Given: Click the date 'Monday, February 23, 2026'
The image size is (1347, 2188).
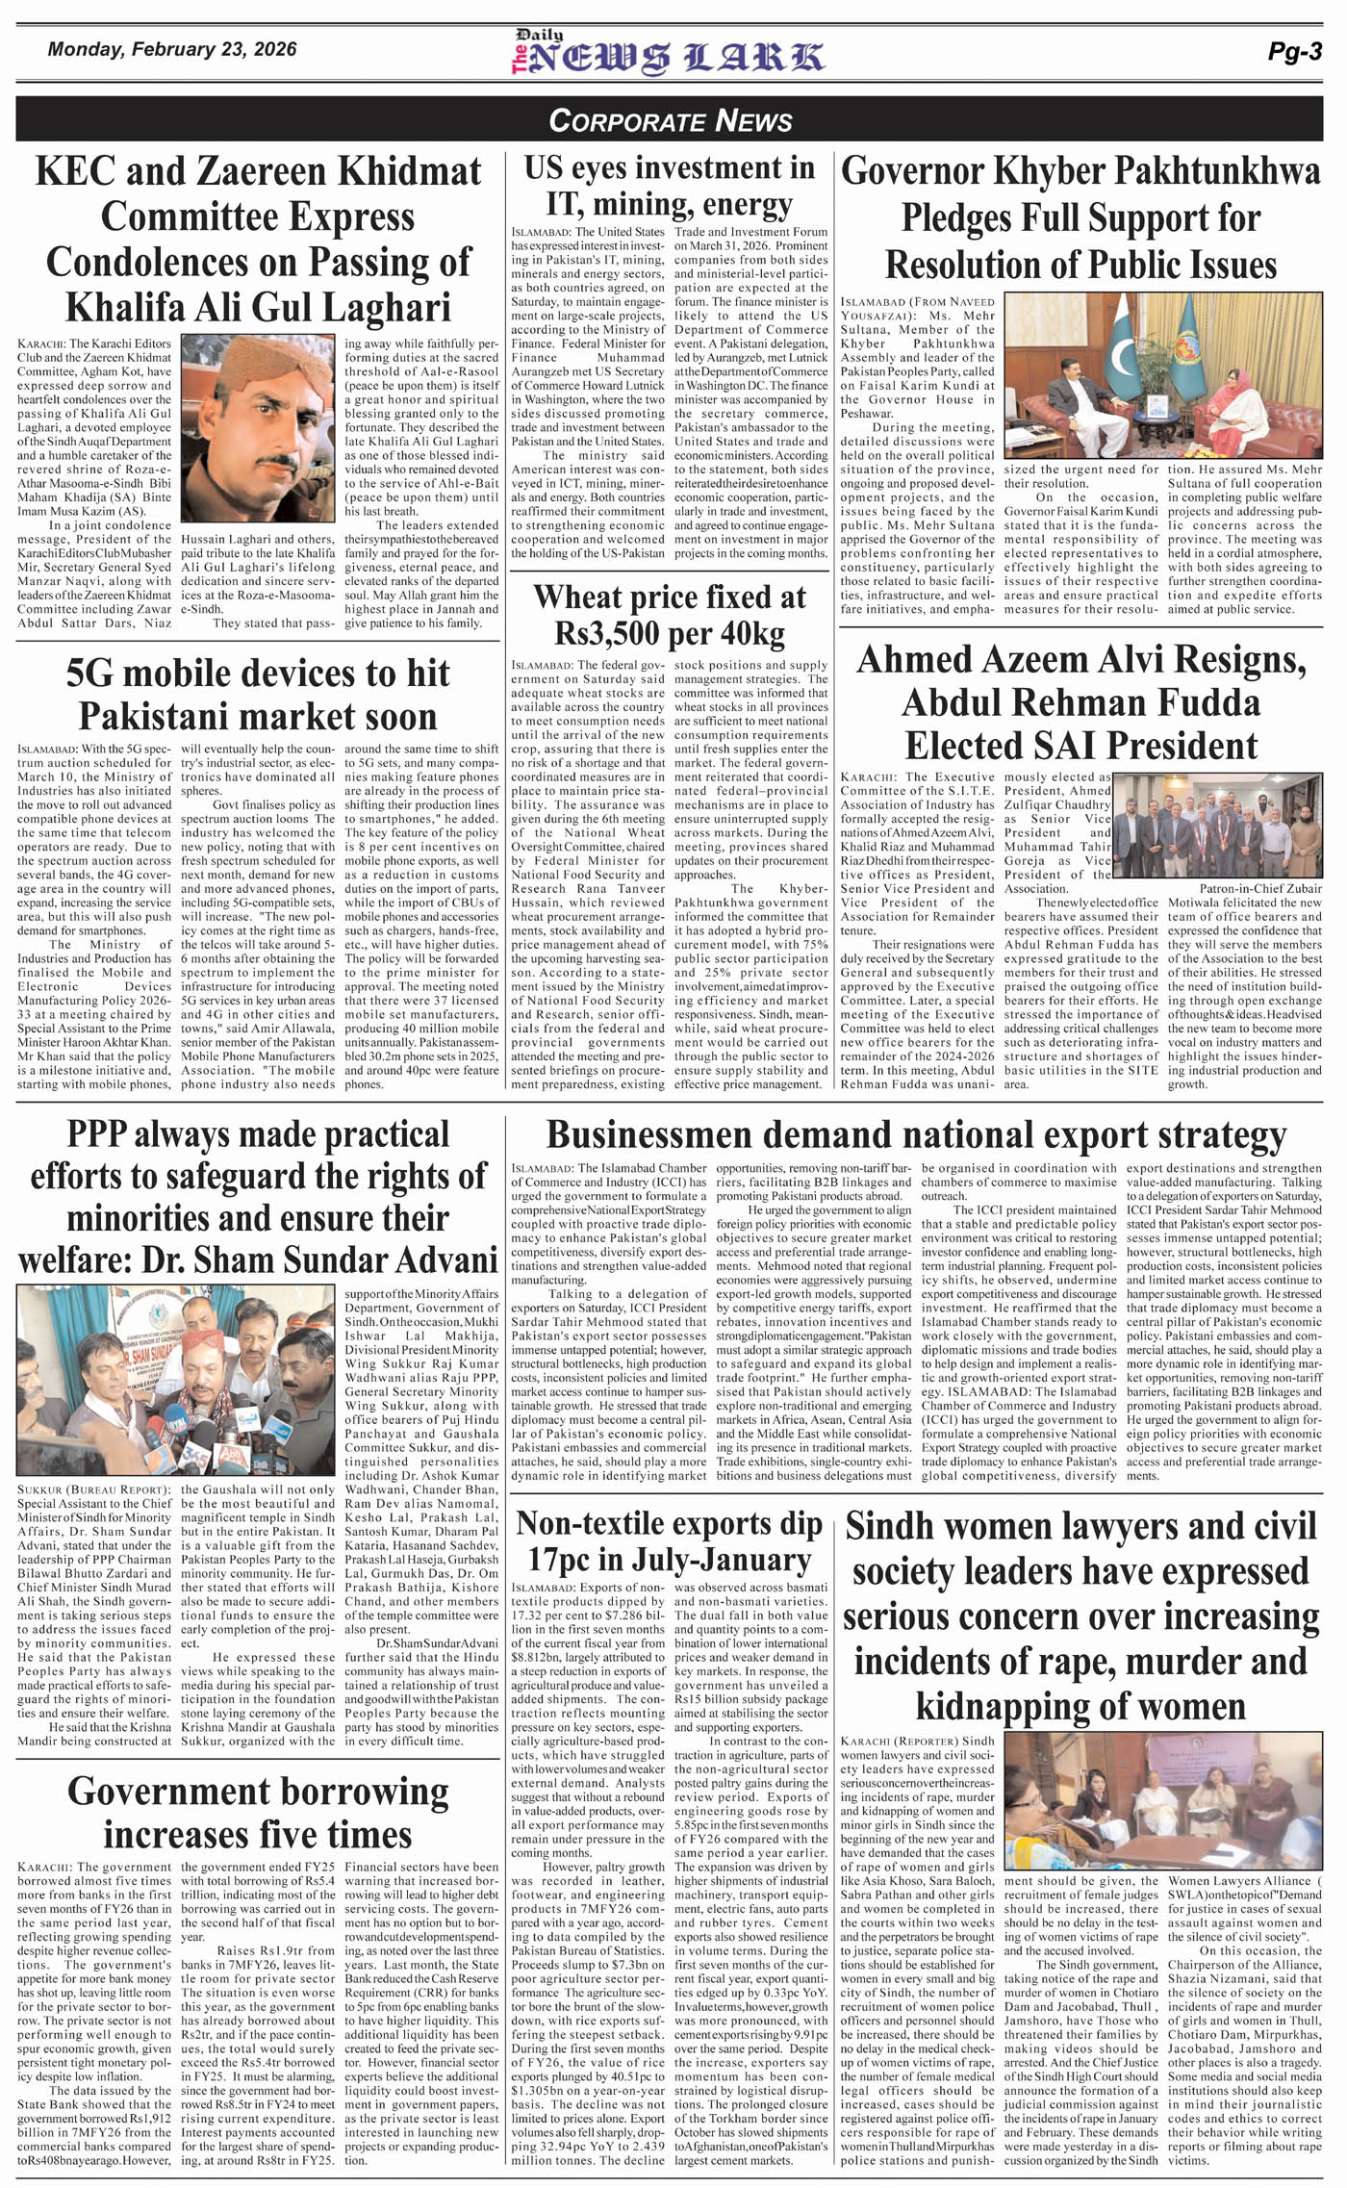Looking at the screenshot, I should coord(172,50).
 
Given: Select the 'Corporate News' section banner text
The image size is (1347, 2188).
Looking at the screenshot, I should coord(671,120).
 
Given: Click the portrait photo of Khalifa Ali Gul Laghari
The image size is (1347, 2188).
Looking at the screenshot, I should coord(258,428).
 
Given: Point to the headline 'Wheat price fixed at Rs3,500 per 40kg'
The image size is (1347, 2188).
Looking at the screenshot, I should coord(670,615).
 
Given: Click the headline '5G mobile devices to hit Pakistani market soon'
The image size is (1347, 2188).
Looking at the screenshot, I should coord(258,695).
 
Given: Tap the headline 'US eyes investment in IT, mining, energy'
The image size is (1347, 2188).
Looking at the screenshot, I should coord(670,186).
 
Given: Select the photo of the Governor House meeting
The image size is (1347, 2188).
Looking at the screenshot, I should coord(1162,376).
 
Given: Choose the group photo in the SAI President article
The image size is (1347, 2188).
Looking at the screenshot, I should coord(1217,825).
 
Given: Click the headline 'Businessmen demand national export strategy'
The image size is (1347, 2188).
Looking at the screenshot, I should coord(916,1135).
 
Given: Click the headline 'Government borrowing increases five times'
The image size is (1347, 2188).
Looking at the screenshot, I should coord(258,1813).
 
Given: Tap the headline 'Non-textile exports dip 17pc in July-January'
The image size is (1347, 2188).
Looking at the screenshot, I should coord(670,1541).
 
